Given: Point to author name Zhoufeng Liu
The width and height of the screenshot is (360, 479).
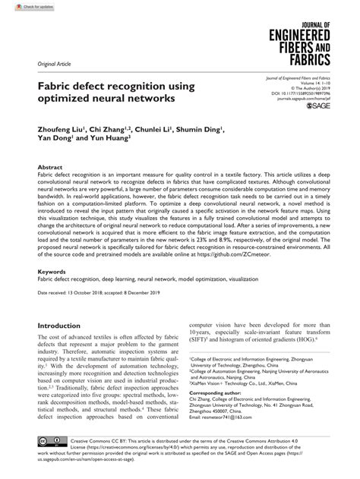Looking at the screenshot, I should tap(58, 130).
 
